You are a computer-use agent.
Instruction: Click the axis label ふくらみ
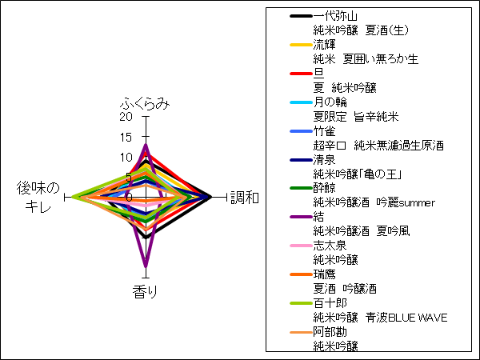145,104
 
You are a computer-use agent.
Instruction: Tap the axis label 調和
245,198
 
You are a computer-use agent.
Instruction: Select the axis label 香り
145,291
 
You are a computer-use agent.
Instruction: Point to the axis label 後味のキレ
38,198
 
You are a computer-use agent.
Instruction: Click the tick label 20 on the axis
126,117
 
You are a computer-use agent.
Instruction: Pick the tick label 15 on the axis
126,137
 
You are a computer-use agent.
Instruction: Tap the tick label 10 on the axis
126,158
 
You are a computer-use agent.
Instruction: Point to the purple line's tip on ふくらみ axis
146,144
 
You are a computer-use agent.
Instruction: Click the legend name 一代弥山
335,16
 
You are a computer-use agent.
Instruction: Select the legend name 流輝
324,45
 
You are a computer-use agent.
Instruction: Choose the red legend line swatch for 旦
302,74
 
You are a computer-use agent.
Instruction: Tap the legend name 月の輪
330,102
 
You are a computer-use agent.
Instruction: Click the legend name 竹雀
324,131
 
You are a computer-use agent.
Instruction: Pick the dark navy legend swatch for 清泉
302,160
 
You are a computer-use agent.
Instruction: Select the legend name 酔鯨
324,188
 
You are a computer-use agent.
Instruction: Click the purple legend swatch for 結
302,217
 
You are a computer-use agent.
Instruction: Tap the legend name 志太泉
330,246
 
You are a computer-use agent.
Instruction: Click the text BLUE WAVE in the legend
418,318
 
